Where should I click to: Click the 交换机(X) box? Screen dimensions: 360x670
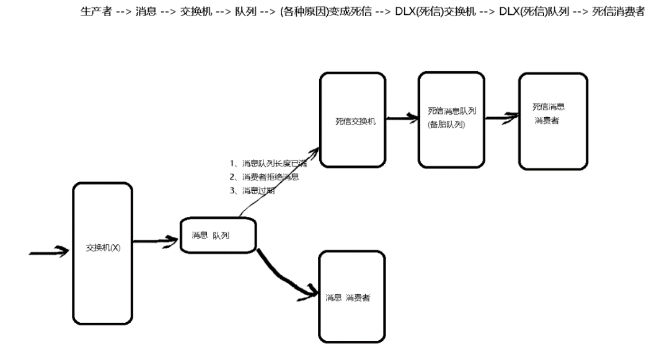(102, 248)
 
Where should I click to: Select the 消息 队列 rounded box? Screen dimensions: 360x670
(218, 235)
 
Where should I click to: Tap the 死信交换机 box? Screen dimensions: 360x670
(353, 120)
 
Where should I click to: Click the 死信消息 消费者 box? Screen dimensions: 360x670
(553, 120)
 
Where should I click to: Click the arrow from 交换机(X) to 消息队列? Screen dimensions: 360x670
(155, 240)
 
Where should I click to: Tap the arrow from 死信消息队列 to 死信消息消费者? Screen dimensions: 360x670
(501, 116)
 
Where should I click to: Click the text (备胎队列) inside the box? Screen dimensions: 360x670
(446, 125)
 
